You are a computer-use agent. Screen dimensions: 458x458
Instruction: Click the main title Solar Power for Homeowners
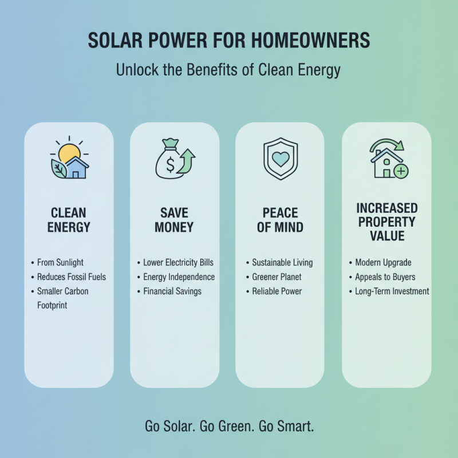coord(229,41)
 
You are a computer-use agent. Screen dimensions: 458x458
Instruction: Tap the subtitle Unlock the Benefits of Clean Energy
coord(229,70)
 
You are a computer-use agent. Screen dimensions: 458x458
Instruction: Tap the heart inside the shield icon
coord(280,159)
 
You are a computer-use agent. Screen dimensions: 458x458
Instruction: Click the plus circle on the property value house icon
coord(401,171)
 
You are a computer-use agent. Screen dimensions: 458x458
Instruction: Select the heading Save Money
coord(174,220)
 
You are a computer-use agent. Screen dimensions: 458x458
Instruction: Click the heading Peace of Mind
coord(280,220)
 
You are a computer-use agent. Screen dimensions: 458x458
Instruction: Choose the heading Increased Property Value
coord(387,222)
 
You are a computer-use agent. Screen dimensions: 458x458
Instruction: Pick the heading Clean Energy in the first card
coord(69,220)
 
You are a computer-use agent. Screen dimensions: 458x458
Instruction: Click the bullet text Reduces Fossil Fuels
coord(72,277)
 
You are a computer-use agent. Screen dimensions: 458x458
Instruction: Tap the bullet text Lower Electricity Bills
coord(177,263)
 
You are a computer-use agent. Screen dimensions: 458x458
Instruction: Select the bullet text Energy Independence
coord(178,277)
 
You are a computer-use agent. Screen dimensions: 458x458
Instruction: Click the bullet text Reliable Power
coord(277,291)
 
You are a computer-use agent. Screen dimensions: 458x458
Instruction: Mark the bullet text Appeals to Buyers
coord(385,277)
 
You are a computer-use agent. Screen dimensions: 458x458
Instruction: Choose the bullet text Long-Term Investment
coord(392,291)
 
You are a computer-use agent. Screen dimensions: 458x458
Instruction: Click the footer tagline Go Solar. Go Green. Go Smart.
coord(229,427)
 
